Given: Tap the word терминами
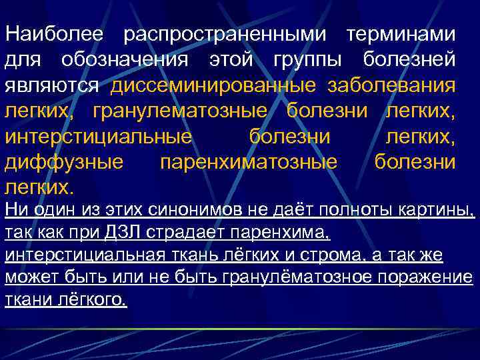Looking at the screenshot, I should [402, 33].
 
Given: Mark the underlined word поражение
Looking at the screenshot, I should [428, 277].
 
